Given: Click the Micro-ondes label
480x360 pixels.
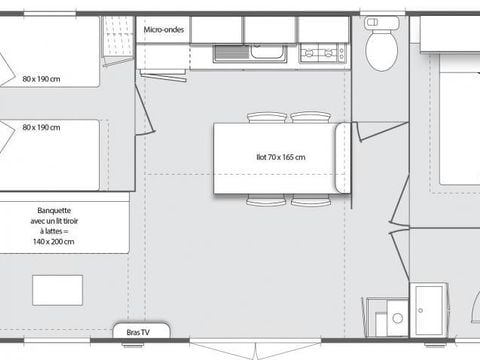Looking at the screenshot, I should [x=163, y=30].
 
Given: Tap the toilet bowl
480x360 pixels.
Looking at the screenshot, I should [x=381, y=49].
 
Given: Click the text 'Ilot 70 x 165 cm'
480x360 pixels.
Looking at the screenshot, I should [x=279, y=157].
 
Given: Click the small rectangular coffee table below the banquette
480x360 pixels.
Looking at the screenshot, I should [x=58, y=289].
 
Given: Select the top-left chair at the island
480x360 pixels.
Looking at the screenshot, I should [x=266, y=117].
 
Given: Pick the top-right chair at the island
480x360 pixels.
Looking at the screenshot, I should [x=310, y=117].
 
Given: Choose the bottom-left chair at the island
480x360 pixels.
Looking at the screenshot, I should [x=266, y=201].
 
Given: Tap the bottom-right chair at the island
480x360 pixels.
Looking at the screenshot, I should [x=310, y=201].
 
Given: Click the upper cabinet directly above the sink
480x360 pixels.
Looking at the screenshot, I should [x=268, y=30].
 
